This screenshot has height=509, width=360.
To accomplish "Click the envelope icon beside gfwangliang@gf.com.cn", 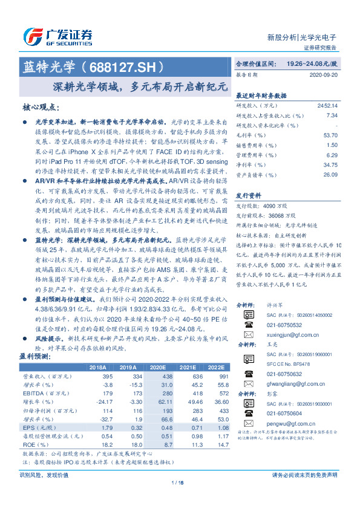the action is coord(247,383).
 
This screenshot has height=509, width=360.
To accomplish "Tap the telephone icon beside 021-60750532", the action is coord(247,324).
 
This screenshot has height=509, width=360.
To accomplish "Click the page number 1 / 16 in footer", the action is coord(179,499).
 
